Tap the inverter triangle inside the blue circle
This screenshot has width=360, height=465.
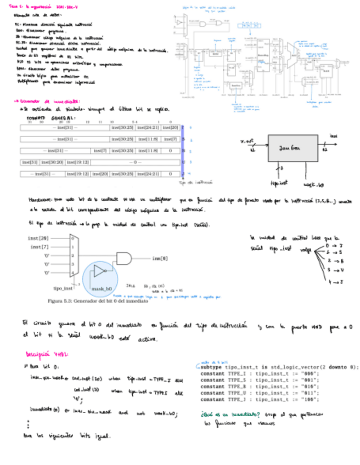click(99, 271)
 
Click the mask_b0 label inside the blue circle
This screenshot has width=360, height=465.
click(102, 288)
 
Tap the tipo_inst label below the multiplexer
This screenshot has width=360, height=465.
click(63, 288)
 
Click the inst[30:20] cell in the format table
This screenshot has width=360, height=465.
click(53, 162)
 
